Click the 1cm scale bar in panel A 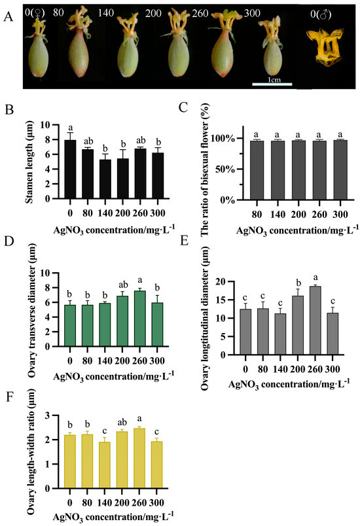click(272, 84)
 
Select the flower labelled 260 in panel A click(223, 44)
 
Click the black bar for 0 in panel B click(70, 169)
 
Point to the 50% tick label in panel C click(225, 169)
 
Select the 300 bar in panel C click(340, 170)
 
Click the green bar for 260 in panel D click(140, 319)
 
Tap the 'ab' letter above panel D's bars click(123, 285)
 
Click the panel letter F click(10, 397)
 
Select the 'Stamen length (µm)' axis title click(29, 162)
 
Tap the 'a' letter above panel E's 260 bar click(315, 278)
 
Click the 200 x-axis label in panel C click(298, 214)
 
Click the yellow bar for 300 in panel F click(156, 465)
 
